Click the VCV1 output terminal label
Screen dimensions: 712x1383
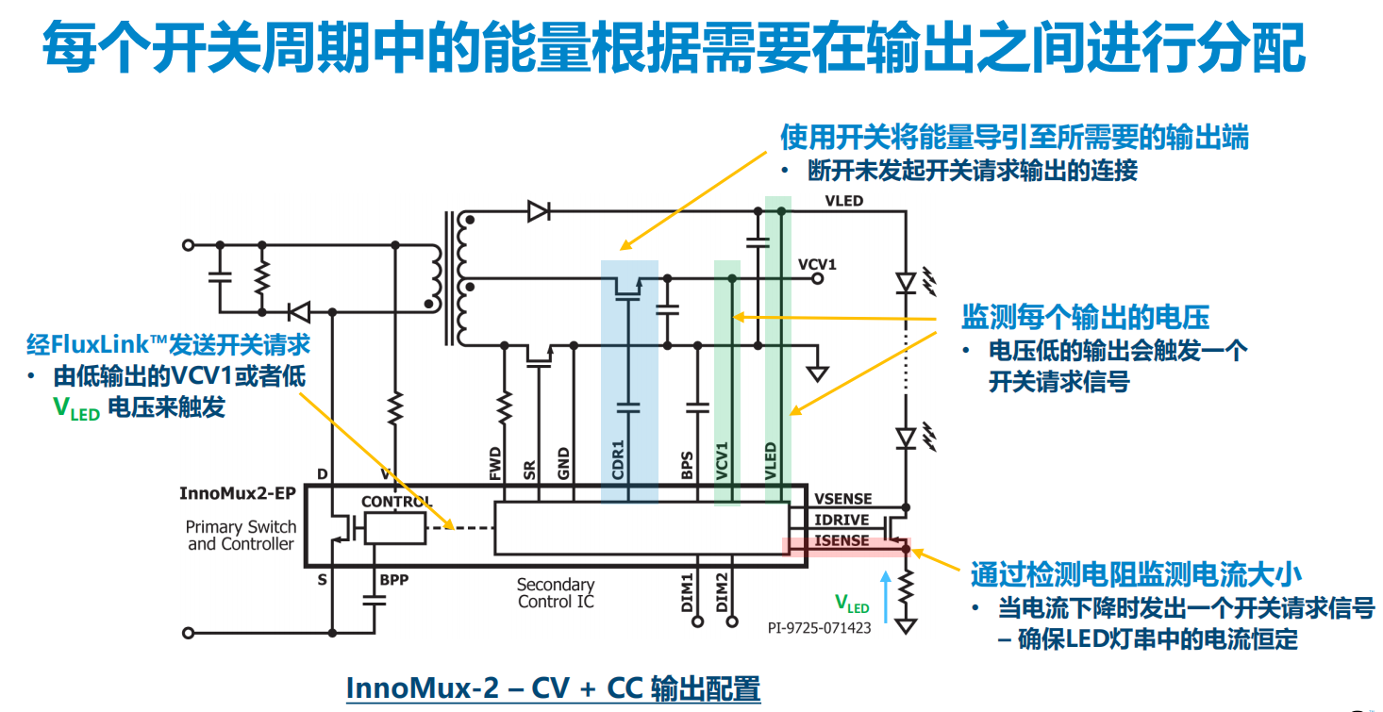pos(817,263)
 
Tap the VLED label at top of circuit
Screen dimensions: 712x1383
pos(843,201)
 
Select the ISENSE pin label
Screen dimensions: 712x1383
pos(841,541)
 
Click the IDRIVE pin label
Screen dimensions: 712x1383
pos(841,520)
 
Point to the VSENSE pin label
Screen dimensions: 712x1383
pos(842,499)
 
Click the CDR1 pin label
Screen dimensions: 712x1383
pos(619,460)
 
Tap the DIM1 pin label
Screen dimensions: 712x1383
pos(687,591)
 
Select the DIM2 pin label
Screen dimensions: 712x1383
pos(722,591)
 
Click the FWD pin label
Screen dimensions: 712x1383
pos(495,466)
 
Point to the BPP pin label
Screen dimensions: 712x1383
pos(393,579)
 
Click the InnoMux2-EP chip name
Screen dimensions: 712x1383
pos(237,493)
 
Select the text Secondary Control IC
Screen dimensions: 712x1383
pos(556,593)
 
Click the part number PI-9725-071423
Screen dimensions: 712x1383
pos(819,627)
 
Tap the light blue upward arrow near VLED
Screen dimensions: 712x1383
pos(885,594)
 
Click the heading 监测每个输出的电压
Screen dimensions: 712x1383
pos(1085,317)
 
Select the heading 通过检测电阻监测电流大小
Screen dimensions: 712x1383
pos(1136,573)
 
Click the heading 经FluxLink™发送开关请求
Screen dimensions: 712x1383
pos(168,343)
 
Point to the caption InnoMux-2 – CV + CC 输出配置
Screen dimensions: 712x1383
pos(553,687)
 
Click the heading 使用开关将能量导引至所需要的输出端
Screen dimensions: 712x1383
pos(1014,138)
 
